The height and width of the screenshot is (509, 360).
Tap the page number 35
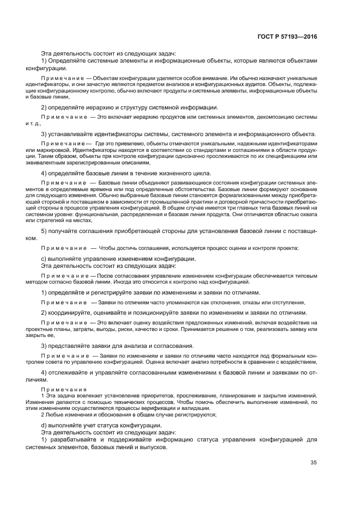click(313, 463)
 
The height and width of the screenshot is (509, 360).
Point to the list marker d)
click(45, 425)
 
